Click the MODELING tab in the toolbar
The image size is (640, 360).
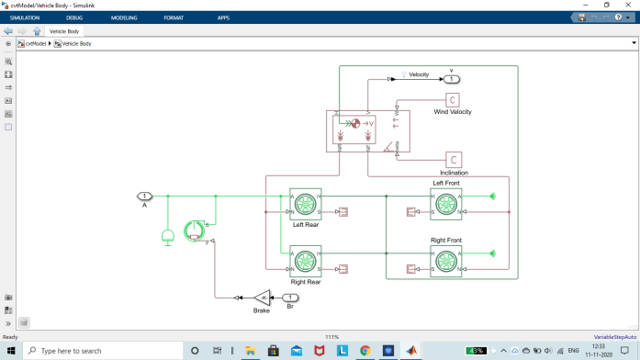click(124, 17)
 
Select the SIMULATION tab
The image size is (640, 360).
click(25, 17)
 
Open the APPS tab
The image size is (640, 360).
click(223, 17)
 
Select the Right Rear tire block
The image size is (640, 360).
click(305, 261)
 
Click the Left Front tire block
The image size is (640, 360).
click(445, 204)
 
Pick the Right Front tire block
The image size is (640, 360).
click(445, 261)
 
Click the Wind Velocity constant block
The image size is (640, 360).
click(453, 100)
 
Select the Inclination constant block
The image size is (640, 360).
click(454, 160)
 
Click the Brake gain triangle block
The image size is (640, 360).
click(263, 298)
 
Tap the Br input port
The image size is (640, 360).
click(290, 298)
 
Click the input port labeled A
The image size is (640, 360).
click(144, 196)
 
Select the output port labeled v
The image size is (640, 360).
click(452, 79)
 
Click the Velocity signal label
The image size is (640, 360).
click(419, 74)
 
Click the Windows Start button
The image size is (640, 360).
click(11, 351)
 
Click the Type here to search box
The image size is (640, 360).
click(101, 351)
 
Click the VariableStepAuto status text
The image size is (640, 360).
click(615, 337)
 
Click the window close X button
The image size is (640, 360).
click(629, 5)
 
